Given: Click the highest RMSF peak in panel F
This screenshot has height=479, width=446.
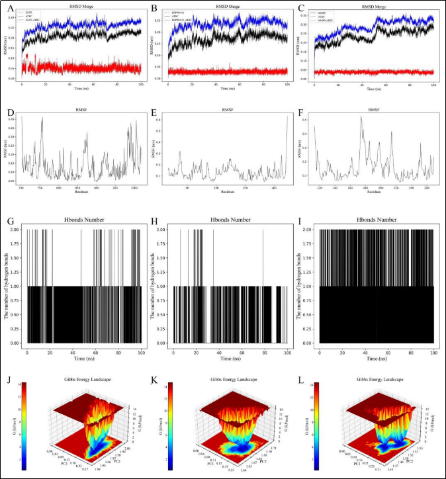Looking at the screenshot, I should [361, 117].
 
